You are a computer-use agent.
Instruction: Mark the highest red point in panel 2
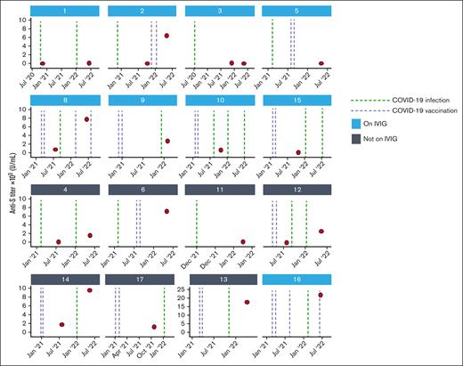167,36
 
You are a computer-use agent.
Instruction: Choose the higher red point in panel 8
87,119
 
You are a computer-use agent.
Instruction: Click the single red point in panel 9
167,141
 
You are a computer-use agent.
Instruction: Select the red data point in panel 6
167,211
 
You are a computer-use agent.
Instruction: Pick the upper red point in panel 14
90,290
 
